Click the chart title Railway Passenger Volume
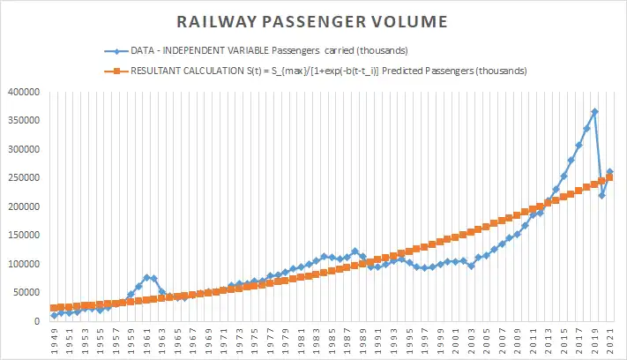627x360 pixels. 313,19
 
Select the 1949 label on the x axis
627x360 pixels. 55,340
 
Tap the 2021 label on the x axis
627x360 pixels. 609,340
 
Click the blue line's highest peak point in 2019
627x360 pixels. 594,112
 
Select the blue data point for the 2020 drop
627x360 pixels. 602,196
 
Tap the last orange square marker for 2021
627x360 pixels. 609,177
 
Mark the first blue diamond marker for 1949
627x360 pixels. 55,315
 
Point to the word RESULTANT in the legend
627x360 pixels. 160,71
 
